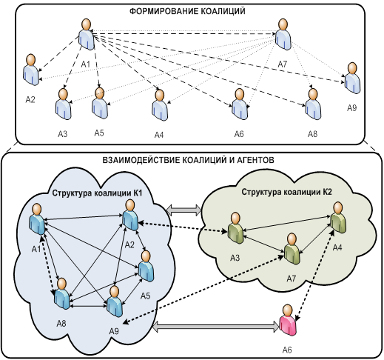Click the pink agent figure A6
[288, 320]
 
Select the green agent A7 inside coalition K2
[292, 249]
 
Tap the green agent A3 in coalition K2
[235, 228]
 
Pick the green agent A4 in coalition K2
[338, 217]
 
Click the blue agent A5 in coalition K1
[146, 266]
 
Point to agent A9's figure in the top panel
[352, 78]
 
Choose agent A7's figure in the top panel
[283, 34]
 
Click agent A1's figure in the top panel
[87, 34]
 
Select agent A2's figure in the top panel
[31, 70]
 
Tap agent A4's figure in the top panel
[160, 105]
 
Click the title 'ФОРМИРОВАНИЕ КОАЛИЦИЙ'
[187, 11]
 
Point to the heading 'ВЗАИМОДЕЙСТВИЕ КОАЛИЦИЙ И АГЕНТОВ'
[188, 160]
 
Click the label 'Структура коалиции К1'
[97, 193]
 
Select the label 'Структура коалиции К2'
[286, 192]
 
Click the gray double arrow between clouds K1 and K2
[183, 210]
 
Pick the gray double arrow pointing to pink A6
[216, 327]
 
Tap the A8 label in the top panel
[312, 134]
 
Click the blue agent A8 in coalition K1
[62, 293]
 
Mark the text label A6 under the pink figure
[287, 350]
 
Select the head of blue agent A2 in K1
[130, 205]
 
